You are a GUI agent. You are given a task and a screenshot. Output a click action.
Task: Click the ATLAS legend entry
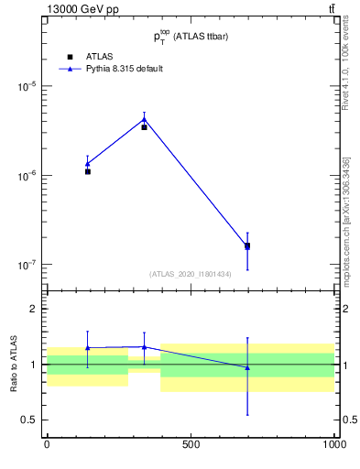(86, 56)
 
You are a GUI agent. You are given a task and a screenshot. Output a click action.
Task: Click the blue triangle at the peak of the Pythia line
(144, 118)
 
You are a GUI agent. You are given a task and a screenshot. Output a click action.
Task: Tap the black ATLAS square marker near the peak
(144, 127)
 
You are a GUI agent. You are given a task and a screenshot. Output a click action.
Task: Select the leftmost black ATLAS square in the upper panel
(88, 171)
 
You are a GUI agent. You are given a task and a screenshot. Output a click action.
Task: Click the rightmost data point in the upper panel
(247, 245)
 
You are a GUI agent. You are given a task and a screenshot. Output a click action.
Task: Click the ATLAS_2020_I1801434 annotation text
(191, 274)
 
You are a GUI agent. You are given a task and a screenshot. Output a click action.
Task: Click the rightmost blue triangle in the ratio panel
(247, 367)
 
